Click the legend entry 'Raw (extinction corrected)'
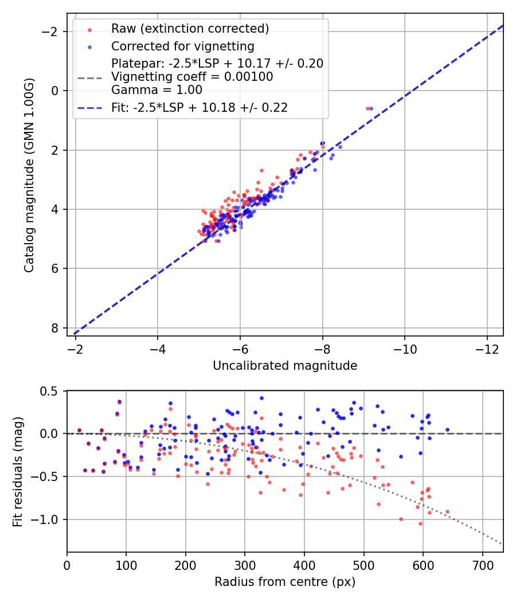pyautogui.click(x=190, y=29)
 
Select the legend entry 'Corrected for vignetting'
pyautogui.click(x=182, y=46)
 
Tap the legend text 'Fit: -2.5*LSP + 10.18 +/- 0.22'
pyautogui.click(x=200, y=107)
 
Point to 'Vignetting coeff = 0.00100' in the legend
pyautogui.click(x=192, y=76)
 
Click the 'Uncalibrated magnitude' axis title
pyautogui.click(x=285, y=366)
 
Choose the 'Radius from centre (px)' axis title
pyautogui.click(x=285, y=582)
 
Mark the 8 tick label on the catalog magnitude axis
pyautogui.click(x=55, y=328)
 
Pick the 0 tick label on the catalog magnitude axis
pyautogui.click(x=55, y=91)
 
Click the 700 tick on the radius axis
pyautogui.click(x=482, y=565)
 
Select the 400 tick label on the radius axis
pyautogui.click(x=304, y=565)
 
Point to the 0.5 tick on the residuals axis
pyautogui.click(x=50, y=391)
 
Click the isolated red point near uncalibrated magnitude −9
pyautogui.click(x=368, y=108)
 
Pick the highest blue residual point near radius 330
pyautogui.click(x=261, y=398)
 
